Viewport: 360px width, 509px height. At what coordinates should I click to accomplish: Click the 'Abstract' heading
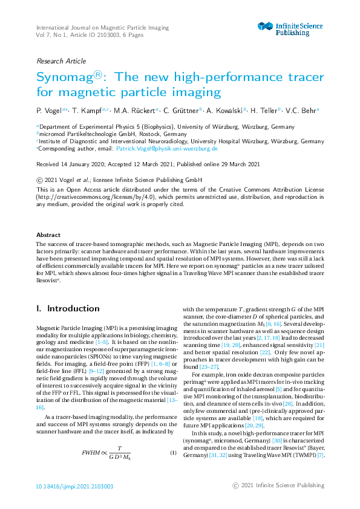coord(48,235)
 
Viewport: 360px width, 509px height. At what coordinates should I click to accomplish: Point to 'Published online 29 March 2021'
coord(230,164)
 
